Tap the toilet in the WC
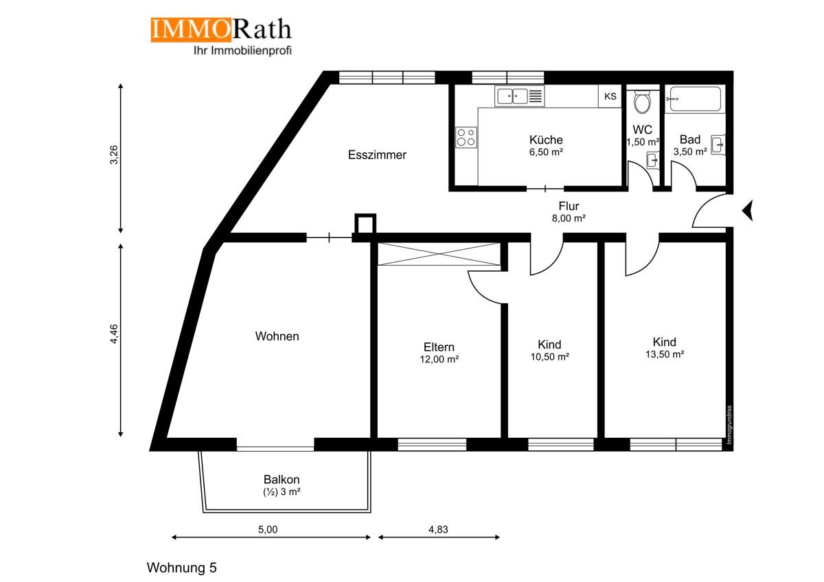click(643, 102)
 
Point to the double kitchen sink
click(512, 97)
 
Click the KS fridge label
click(610, 97)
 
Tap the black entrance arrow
click(748, 209)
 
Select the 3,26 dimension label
click(115, 156)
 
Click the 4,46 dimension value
click(115, 340)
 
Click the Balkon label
click(282, 480)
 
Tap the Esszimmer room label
click(377, 155)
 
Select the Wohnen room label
click(277, 336)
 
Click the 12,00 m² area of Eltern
click(439, 359)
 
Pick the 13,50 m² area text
click(664, 355)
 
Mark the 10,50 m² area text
click(549, 357)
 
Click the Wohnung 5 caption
click(182, 568)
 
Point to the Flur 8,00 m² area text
click(569, 218)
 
